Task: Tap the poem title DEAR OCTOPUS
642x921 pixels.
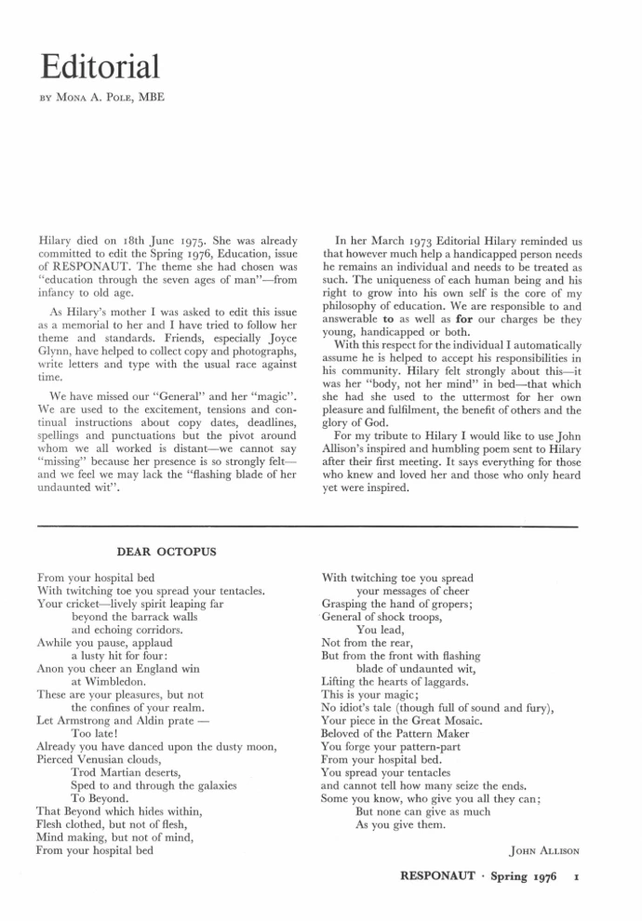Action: coord(167,552)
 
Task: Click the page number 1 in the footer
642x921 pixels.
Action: coord(578,876)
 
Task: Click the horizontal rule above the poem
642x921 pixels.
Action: coord(321,527)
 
